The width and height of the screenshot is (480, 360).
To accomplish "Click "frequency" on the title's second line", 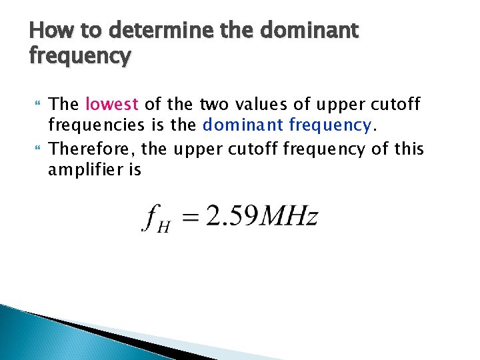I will click(80, 56).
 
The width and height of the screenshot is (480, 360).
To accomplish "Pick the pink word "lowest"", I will click(112, 105).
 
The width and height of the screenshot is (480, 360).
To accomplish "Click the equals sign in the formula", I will click(189, 218).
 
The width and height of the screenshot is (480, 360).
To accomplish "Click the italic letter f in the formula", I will click(149, 218).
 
